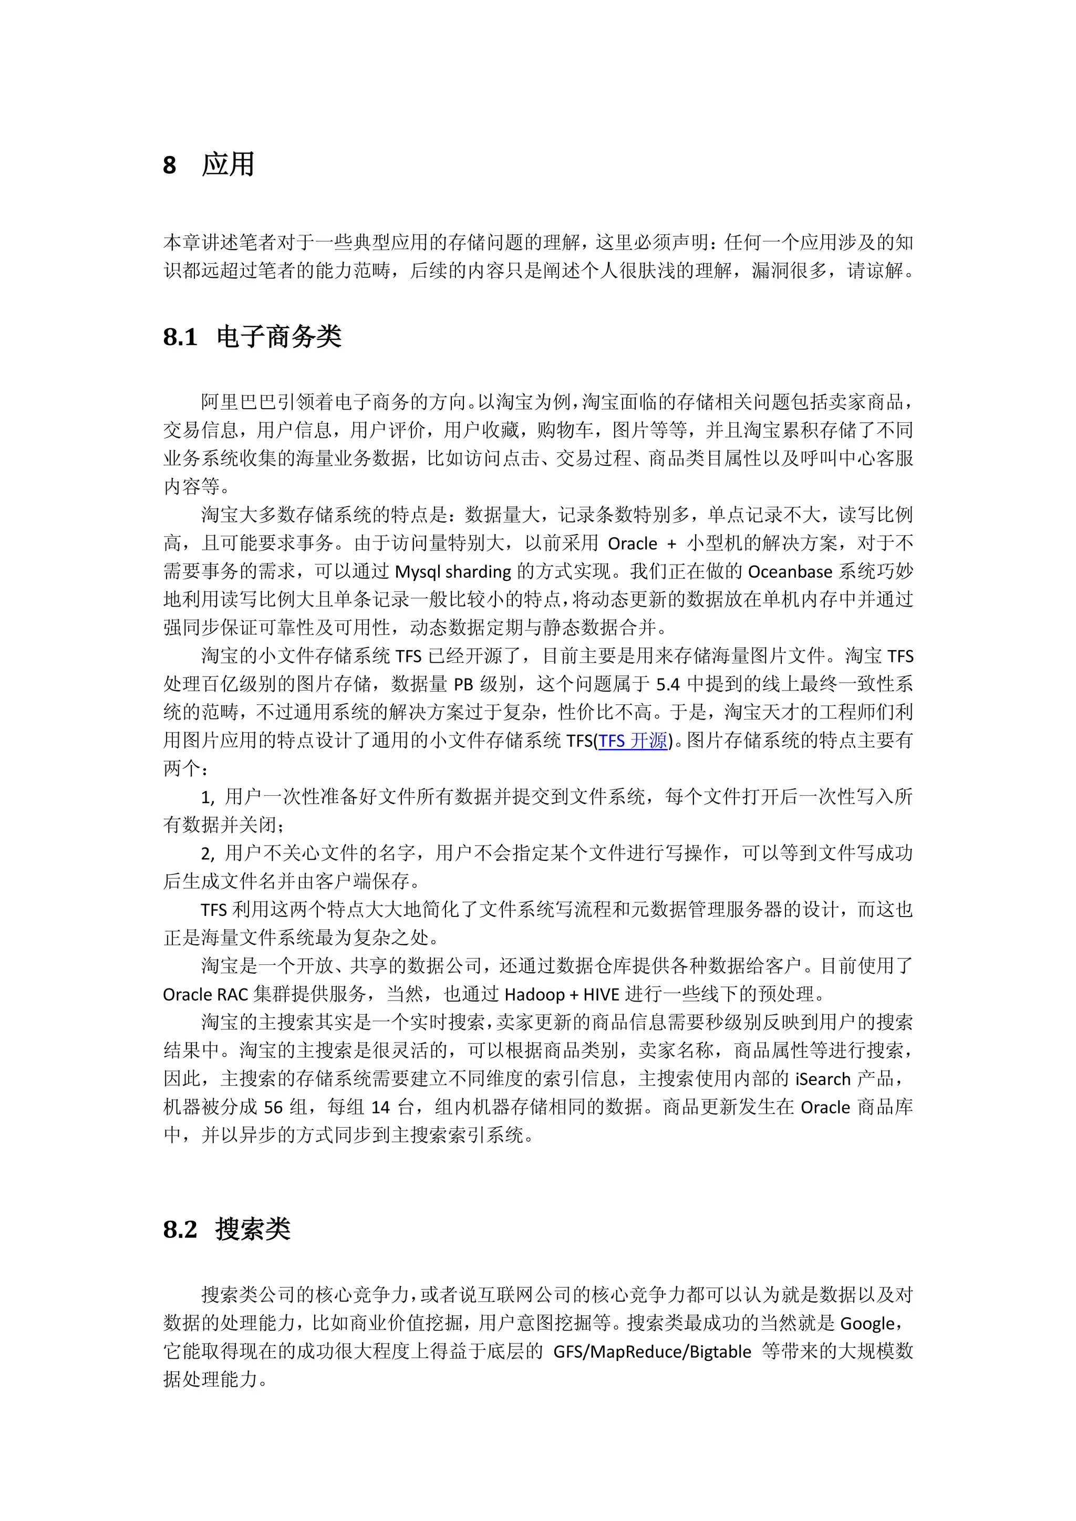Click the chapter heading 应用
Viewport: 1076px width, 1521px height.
click(228, 164)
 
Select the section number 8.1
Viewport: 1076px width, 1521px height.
click(180, 337)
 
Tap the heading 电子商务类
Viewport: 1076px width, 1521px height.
click(279, 337)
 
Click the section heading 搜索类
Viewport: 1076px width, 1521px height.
click(253, 1229)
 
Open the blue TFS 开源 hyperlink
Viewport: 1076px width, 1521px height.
click(633, 741)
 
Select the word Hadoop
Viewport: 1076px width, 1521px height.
click(533, 994)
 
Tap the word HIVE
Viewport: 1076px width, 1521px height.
click(601, 994)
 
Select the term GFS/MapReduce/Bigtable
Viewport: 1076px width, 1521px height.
click(652, 1351)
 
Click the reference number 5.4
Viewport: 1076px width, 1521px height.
click(668, 684)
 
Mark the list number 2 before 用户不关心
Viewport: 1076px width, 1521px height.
click(206, 853)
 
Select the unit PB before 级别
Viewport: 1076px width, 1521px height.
click(463, 684)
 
